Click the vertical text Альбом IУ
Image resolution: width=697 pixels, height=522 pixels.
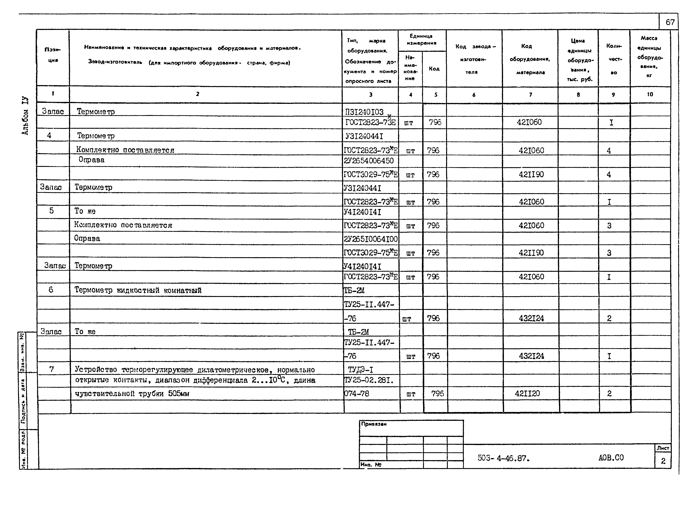click(x=25, y=116)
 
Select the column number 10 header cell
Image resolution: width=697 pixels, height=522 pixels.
click(x=650, y=94)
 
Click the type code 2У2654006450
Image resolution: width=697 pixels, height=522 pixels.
click(x=369, y=161)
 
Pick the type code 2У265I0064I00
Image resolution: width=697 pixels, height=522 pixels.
click(x=371, y=239)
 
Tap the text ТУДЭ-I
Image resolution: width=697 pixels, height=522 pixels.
click(x=361, y=370)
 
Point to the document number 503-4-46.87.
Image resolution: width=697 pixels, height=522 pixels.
click(x=503, y=458)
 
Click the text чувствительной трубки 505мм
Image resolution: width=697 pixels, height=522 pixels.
click(x=132, y=394)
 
